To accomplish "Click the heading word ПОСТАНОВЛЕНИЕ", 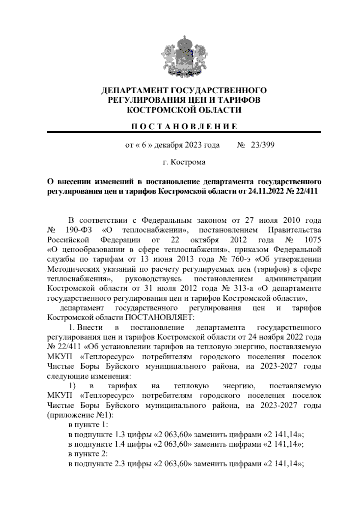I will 184,126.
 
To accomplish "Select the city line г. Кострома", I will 184,162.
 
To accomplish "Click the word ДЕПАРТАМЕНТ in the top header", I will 134,91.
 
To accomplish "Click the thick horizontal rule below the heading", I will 184,132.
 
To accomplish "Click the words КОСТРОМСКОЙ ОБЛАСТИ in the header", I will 184,110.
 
